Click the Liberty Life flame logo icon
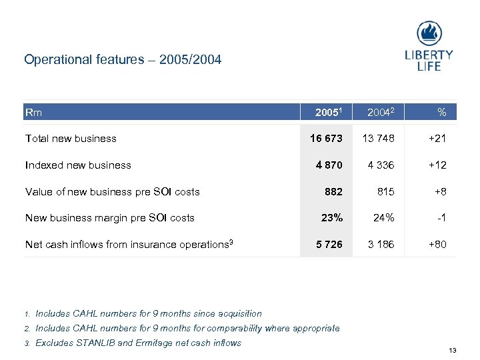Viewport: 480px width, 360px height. [429, 33]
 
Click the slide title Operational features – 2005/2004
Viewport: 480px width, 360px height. [123, 60]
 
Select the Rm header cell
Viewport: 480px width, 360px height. [33, 112]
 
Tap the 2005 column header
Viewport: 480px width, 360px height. [329, 112]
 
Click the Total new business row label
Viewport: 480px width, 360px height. [71, 139]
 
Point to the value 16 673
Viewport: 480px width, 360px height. [326, 139]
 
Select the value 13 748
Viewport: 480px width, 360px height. [378, 139]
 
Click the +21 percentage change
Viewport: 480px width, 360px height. [437, 139]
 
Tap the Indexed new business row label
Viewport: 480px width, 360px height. [78, 165]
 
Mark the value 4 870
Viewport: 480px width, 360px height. [329, 165]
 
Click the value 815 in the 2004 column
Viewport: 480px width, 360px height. [385, 191]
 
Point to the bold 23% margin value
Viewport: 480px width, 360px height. [332, 217]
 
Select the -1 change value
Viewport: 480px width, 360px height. [441, 217]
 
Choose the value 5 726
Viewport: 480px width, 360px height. [329, 244]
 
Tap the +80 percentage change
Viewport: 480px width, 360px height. [437, 244]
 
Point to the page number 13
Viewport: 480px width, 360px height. [452, 351]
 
